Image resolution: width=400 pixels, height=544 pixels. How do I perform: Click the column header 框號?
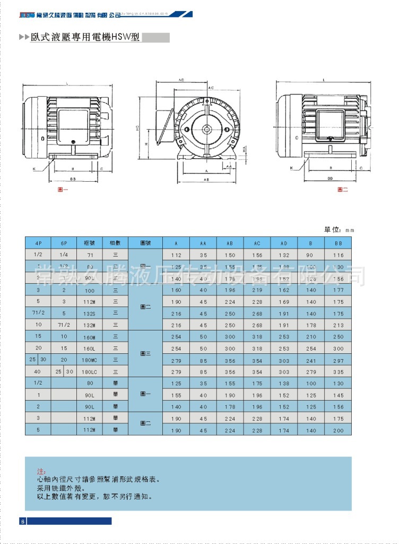click(89, 243)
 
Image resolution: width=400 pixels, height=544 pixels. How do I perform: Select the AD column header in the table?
click(284, 243)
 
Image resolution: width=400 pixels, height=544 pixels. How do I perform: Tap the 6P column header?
click(64, 243)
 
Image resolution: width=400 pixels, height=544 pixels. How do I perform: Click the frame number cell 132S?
click(89, 313)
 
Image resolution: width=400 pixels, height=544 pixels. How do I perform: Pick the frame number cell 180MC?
click(89, 360)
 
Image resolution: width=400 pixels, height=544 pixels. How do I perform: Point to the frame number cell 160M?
click(89, 337)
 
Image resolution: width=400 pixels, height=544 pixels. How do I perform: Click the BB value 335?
click(338, 372)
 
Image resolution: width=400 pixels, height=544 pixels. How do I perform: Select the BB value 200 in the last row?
click(338, 430)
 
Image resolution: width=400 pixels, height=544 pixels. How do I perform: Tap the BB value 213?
click(338, 325)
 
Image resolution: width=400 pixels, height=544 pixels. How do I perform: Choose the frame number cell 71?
click(89, 254)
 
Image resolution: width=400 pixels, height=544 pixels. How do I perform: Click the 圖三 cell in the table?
click(145, 353)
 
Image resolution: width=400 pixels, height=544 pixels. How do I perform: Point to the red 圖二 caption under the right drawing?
click(342, 189)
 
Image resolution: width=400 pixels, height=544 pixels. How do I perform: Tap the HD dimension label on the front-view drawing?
click(137, 128)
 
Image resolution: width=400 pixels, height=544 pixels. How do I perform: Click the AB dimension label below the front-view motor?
click(205, 180)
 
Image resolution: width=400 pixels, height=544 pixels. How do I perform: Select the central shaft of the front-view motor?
click(206, 129)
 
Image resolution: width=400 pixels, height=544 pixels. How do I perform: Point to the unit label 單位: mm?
click(338, 230)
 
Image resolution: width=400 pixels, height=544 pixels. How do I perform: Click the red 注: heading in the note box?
click(41, 471)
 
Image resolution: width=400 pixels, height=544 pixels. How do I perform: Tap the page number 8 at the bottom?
click(23, 521)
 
